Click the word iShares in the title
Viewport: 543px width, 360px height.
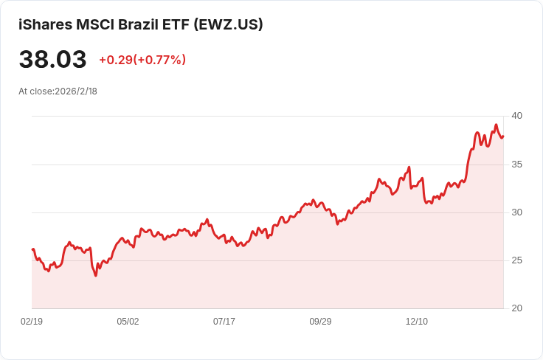[46, 24]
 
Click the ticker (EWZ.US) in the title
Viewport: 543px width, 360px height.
[228, 24]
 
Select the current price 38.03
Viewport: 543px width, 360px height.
[52, 59]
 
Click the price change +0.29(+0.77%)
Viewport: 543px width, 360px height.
[142, 60]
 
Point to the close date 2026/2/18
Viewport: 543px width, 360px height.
[76, 91]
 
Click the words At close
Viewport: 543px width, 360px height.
[35, 91]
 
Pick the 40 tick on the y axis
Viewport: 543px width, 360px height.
[516, 116]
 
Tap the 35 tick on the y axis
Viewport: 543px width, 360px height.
[516, 165]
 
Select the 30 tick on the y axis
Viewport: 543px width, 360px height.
[516, 212]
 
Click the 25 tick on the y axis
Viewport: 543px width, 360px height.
[516, 260]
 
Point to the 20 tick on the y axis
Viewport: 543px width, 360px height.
[516, 308]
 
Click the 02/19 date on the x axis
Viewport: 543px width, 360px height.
[32, 322]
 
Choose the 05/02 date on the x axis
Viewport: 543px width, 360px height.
[128, 322]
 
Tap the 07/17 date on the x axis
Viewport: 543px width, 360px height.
[224, 322]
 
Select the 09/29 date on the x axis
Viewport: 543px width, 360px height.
[320, 322]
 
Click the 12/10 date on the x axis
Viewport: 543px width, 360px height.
[417, 322]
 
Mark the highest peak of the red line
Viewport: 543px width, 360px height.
[496, 125]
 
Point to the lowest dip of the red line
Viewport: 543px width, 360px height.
[96, 276]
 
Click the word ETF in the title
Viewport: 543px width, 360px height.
[176, 24]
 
